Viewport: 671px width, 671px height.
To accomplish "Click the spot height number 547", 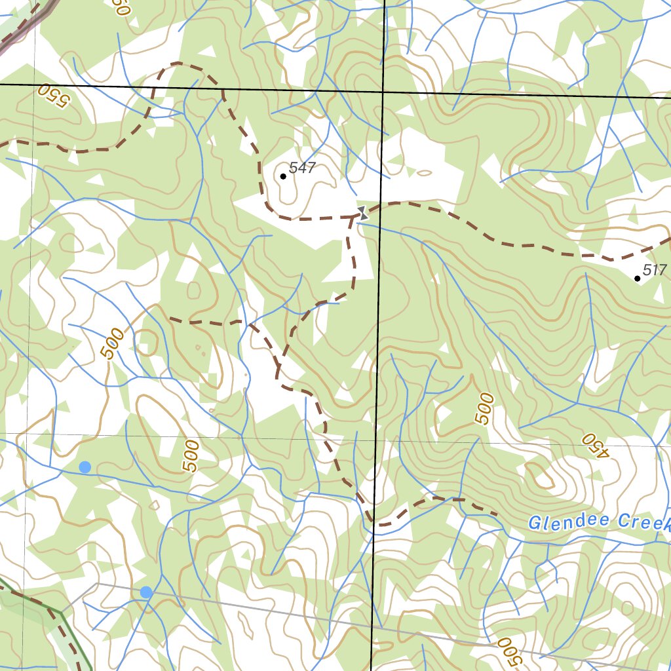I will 302,168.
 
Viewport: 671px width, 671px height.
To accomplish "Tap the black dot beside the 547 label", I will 283,176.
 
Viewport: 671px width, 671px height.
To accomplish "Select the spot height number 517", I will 654,269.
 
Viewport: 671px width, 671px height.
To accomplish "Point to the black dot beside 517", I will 638,278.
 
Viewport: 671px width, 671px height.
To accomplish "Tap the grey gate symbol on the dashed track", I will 362,212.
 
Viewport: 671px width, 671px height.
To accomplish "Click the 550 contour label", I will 52,95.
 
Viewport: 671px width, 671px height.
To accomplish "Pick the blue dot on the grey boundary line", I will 146,592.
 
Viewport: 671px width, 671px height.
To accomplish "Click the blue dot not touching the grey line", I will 85,467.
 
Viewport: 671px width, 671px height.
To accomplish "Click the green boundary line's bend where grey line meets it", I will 61,613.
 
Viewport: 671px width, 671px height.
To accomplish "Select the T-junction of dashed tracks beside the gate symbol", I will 352,218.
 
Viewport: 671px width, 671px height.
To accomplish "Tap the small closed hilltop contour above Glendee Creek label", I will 543,476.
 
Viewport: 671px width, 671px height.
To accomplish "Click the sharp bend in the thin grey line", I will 98,583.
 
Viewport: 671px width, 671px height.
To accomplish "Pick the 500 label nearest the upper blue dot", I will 190,456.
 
